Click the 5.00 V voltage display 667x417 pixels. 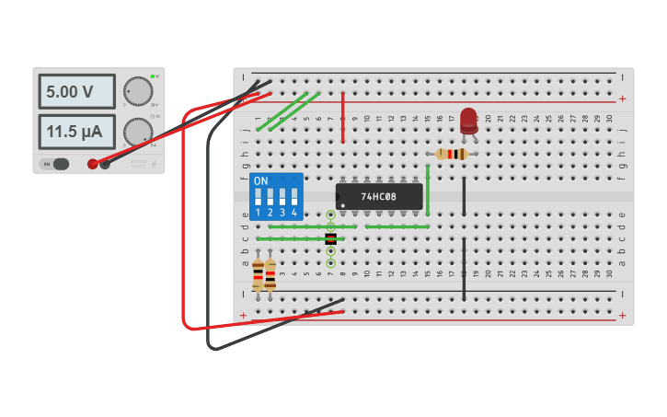[76, 92]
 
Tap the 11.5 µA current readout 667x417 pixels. [76, 132]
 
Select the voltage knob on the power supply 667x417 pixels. [138, 90]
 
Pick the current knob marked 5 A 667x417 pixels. [138, 131]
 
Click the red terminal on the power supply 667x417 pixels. [93, 164]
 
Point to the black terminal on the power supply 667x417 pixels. [105, 164]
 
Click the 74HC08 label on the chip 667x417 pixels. [378, 196]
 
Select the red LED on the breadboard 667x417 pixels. [468, 118]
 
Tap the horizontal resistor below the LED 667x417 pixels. [451, 154]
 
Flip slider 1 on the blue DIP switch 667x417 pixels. [259, 197]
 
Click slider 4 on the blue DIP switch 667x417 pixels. [294, 197]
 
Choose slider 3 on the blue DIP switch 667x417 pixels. [282, 197]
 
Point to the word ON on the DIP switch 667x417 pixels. [260, 180]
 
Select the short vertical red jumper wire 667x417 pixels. [343, 118]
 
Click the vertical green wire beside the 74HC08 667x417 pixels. [428, 194]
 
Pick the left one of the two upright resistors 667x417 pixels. [258, 274]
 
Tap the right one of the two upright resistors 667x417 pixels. [270, 274]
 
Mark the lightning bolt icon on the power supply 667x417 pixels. [152, 165]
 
